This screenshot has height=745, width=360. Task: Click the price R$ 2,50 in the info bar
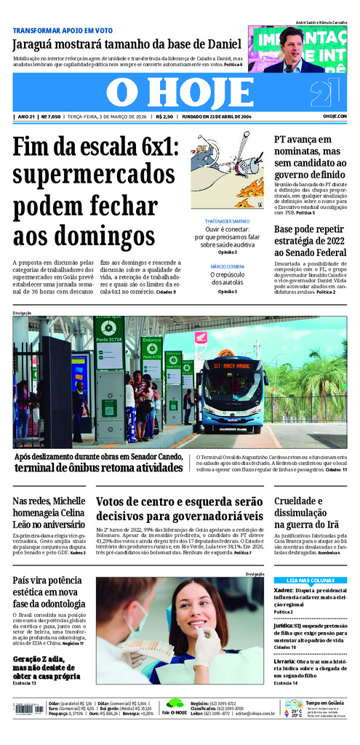point(164,116)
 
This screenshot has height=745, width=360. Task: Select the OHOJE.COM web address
point(335,116)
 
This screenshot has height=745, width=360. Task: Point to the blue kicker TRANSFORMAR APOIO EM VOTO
point(63,31)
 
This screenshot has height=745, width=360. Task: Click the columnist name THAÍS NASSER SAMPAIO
point(227,220)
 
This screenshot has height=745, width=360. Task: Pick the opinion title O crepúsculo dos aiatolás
point(227,279)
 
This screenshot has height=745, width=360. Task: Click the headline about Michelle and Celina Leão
point(49,512)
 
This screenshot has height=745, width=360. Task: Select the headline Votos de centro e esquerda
point(180,509)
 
